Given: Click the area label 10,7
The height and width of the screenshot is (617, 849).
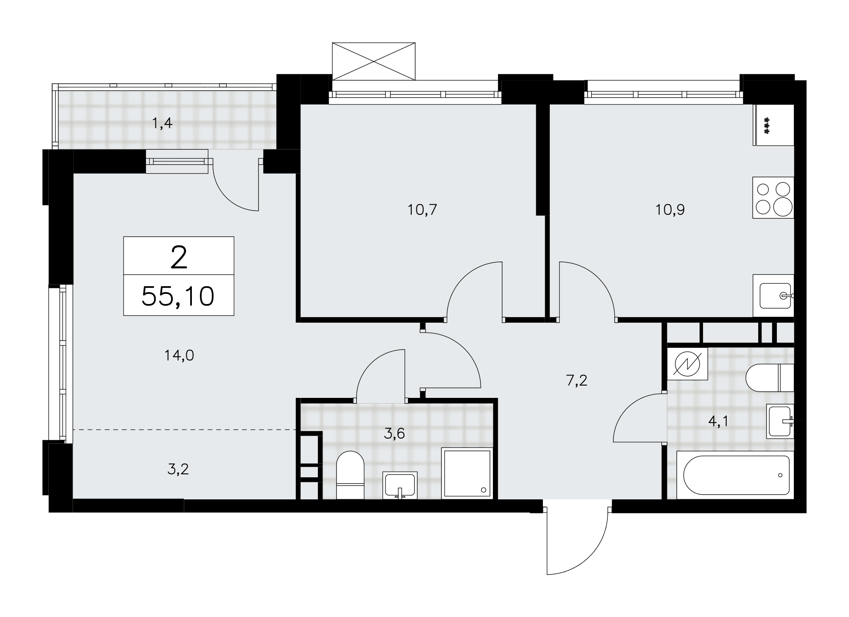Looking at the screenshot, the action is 422,210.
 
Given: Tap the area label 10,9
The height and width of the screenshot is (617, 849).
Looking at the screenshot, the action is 670,210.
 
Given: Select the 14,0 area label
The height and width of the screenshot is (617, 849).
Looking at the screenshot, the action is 179,355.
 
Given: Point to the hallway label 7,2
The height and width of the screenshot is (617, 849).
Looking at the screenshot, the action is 576,380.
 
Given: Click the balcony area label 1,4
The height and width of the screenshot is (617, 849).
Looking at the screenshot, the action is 162,124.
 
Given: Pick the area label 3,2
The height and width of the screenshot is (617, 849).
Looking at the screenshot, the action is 178,469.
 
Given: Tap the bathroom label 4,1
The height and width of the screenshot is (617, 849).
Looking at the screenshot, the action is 718,421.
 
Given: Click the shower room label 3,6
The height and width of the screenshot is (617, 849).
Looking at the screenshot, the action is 394,434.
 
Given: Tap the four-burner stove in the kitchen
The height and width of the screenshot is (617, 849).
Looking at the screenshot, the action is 773,198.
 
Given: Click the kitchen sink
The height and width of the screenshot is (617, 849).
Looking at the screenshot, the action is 773,296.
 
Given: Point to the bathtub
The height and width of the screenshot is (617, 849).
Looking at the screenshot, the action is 735,475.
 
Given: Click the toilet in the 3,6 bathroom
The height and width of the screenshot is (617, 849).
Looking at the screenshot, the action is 350,475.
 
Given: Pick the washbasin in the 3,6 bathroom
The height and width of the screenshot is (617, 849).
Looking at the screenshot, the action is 400,485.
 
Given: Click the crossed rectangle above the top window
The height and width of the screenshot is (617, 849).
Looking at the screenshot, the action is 374,61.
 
